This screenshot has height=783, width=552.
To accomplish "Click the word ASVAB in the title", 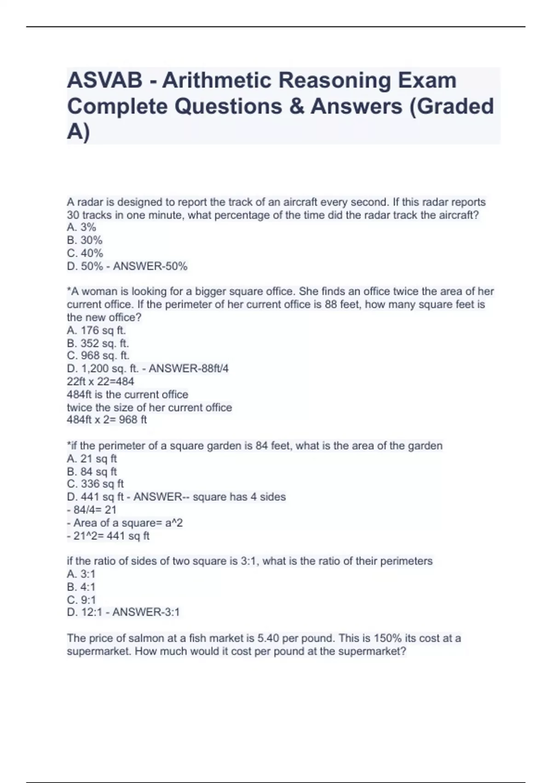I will pyautogui.click(x=105, y=81).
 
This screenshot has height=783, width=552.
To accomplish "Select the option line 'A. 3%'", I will pyautogui.click(x=81, y=227).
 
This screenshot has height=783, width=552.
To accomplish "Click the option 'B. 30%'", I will pyautogui.click(x=85, y=240).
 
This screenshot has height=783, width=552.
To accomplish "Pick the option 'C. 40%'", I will pyautogui.click(x=85, y=253).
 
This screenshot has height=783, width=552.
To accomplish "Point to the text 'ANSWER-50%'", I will pyautogui.click(x=150, y=266).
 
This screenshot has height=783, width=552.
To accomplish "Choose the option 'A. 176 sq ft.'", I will pyautogui.click(x=96, y=330).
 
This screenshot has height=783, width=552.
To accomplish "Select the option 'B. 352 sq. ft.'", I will pyautogui.click(x=98, y=343).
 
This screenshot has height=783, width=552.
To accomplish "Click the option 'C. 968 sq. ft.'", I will pyautogui.click(x=98, y=356).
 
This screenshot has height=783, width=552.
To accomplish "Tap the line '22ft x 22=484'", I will pyautogui.click(x=100, y=381).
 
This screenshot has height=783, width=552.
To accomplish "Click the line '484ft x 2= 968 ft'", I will pyautogui.click(x=107, y=420).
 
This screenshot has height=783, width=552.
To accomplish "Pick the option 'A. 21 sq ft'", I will pyautogui.click(x=92, y=459).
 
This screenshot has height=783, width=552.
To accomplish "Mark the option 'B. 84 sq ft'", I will pyautogui.click(x=92, y=472).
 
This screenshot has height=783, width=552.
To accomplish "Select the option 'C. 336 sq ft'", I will pyautogui.click(x=95, y=484).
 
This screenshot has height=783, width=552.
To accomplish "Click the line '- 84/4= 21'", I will pyautogui.click(x=92, y=510).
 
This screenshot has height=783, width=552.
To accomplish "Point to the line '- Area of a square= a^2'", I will pyautogui.click(x=125, y=523).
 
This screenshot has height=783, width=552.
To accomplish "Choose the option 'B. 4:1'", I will pyautogui.click(x=81, y=587).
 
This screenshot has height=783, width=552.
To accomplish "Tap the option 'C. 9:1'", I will pyautogui.click(x=81, y=600).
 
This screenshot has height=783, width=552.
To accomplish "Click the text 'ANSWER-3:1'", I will pyautogui.click(x=146, y=612).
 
